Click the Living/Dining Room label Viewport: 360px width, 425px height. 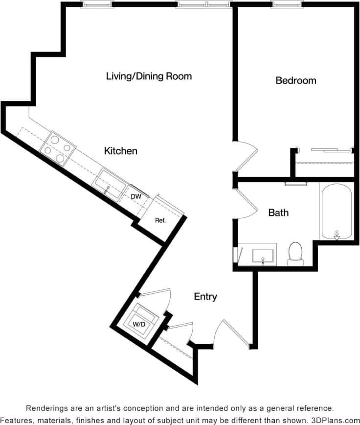pos(149,76)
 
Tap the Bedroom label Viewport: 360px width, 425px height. pos(295,80)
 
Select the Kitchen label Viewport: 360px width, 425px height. pos(120,151)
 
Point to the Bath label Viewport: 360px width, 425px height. pos(278,213)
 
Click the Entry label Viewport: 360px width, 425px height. pos(205,297)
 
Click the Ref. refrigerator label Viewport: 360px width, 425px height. pos(160,220)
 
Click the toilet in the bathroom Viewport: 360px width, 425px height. pos(295,253)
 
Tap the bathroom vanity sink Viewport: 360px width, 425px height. pos(263,256)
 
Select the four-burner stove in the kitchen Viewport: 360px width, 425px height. pos(57,148)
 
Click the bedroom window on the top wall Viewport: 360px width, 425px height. pos(287,4)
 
